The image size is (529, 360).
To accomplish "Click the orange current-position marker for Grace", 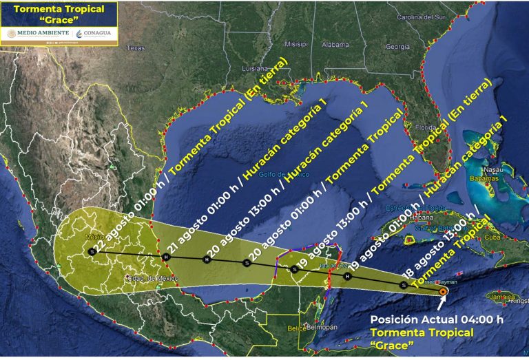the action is point(443,292).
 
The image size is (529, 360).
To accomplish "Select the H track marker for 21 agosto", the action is point(165,257).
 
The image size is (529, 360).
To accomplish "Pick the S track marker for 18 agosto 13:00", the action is point(404,284).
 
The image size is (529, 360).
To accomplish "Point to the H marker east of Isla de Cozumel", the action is point(347,276).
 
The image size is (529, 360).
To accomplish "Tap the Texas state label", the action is point(136,48).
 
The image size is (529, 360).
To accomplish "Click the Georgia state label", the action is point(397,47).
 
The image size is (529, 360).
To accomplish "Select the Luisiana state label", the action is point(254,69).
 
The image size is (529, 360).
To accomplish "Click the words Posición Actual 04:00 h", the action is point(437,319).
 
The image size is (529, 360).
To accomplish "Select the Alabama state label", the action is point(336,45).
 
